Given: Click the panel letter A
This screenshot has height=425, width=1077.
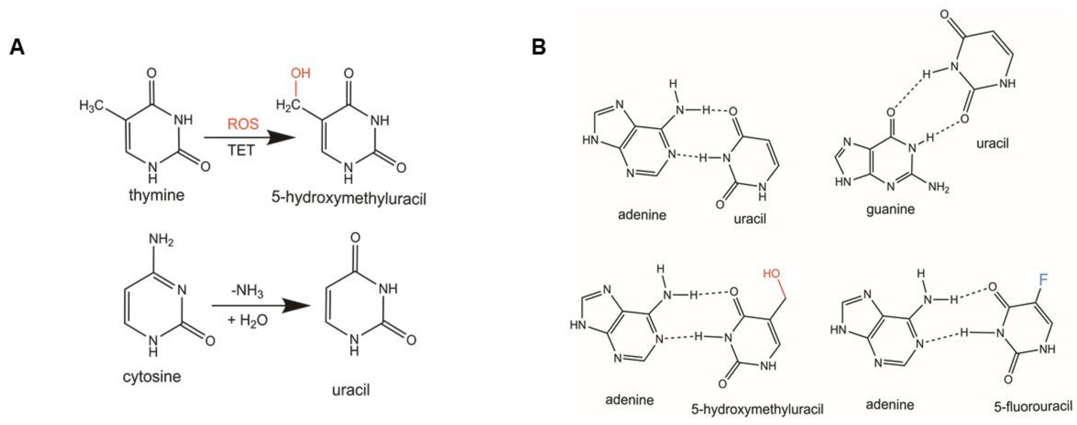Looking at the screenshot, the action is (x=17, y=47).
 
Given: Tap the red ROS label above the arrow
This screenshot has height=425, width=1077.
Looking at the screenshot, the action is (x=243, y=124).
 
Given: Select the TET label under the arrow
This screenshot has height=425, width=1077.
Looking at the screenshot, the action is (x=241, y=150).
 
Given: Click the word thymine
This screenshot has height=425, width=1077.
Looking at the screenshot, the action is (x=156, y=195).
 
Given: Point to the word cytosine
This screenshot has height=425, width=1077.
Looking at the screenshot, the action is (x=152, y=376).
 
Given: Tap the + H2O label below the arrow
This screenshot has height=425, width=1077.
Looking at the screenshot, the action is (x=247, y=320).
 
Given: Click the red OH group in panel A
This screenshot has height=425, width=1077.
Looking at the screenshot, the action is (x=300, y=73).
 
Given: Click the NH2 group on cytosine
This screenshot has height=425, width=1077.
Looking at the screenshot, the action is (x=161, y=240).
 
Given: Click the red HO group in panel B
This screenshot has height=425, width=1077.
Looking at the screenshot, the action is (x=771, y=274).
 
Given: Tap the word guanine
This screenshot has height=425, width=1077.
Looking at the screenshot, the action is (x=890, y=209).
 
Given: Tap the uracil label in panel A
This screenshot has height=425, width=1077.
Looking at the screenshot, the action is (x=351, y=390).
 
